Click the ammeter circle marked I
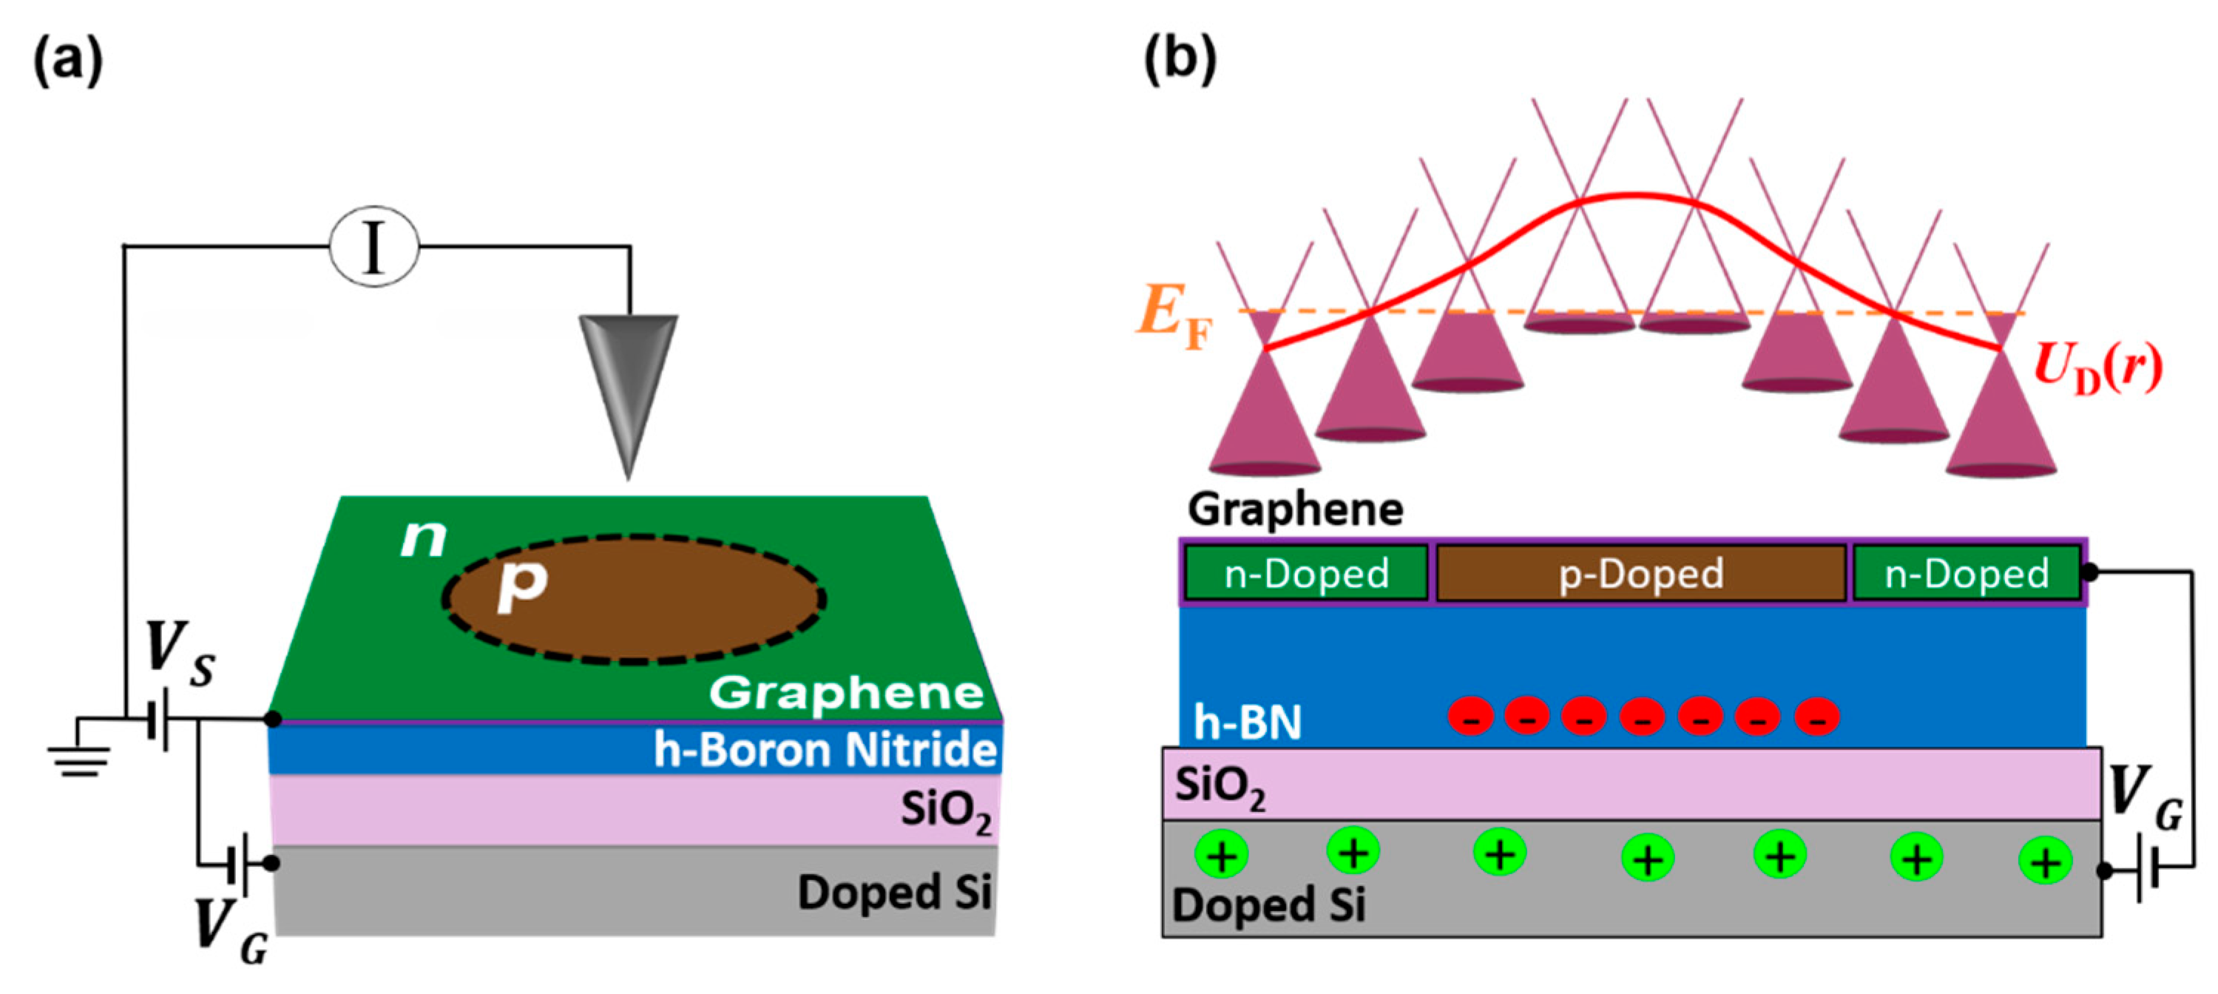tap(373, 246)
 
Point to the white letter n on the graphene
tap(424, 538)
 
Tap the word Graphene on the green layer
tap(846, 692)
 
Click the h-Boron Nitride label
tap(825, 749)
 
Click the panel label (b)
tap(1180, 61)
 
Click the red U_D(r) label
tap(2097, 368)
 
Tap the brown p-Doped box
tap(1641, 572)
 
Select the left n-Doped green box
tap(1306, 572)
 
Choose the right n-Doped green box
tap(1967, 572)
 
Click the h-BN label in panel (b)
tap(1247, 722)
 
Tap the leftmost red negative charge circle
tap(1470, 717)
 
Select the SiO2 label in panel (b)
tap(1220, 785)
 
